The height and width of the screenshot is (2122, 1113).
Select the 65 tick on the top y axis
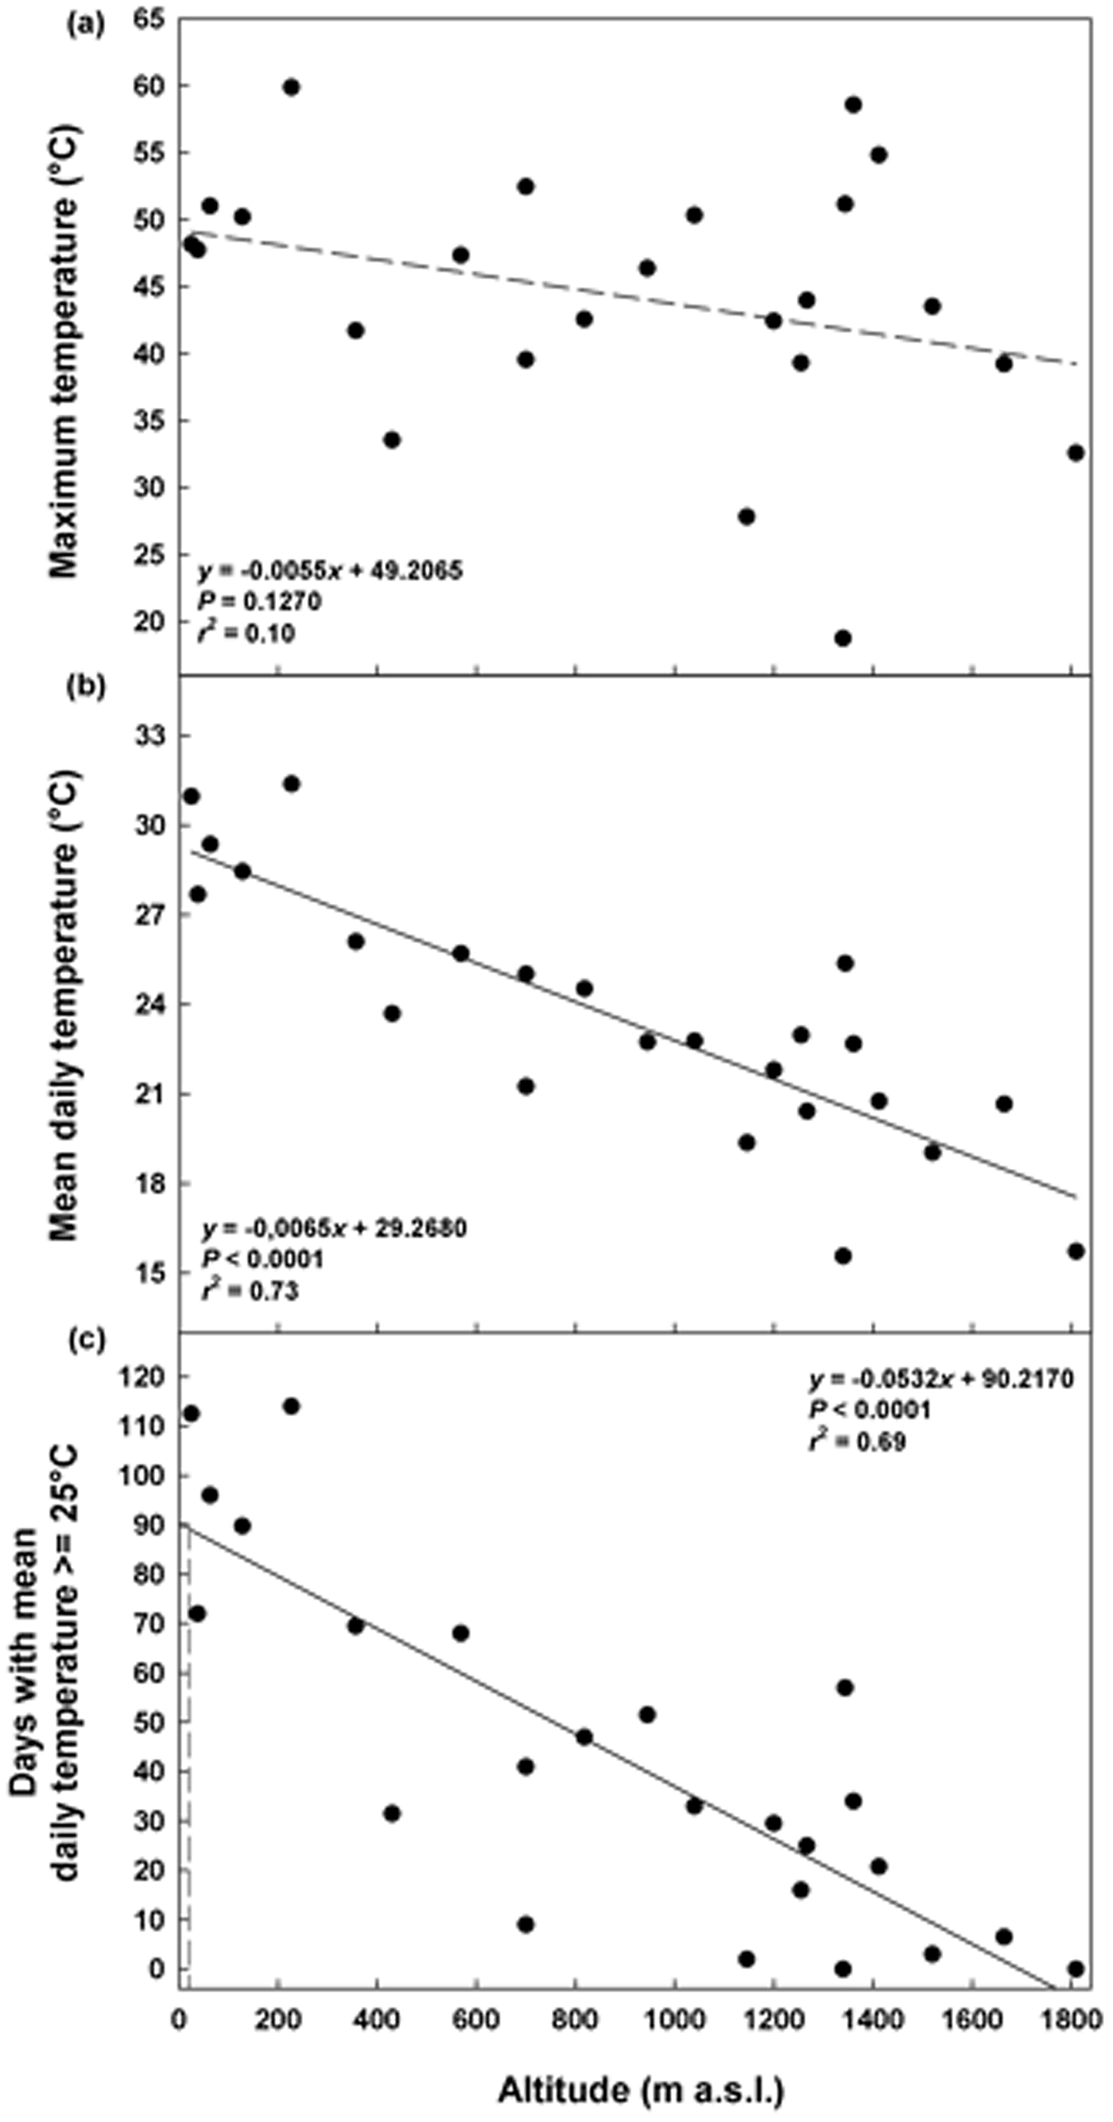point(145,19)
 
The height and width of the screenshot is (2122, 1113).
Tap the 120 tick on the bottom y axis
point(140,1376)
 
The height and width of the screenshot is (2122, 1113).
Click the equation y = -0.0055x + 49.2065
point(330,570)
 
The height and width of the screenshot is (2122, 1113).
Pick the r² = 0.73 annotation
point(250,1291)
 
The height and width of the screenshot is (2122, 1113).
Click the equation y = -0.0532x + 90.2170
point(940,1379)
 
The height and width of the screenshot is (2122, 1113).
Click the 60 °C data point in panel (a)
point(291,87)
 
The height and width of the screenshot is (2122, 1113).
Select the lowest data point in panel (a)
point(842,638)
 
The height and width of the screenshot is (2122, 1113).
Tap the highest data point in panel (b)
point(291,783)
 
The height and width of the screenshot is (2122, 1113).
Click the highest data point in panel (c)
point(291,1406)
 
